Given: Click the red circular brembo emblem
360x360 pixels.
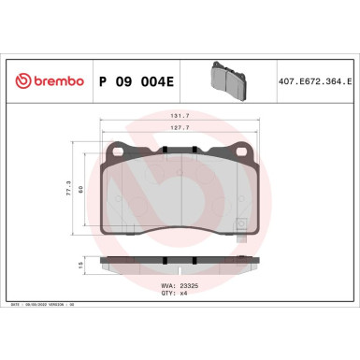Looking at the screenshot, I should tap(13, 81).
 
